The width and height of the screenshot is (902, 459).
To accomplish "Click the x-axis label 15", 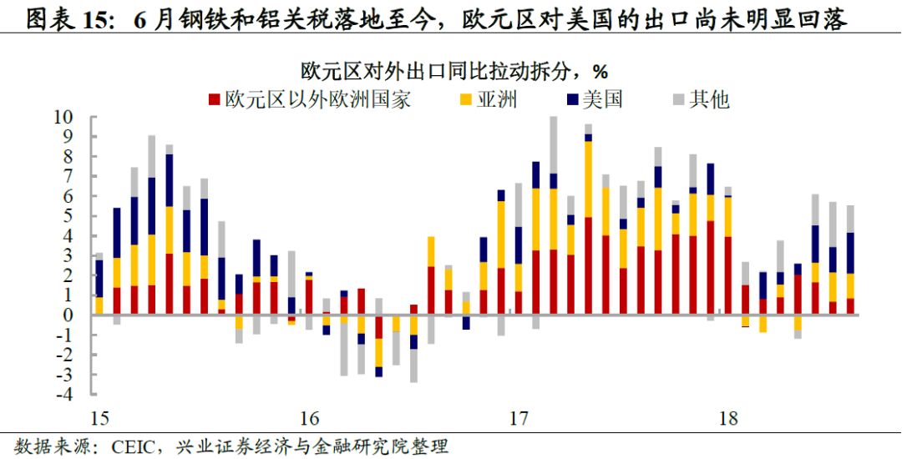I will [x=99, y=418].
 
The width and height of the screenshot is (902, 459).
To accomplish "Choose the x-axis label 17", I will [x=519, y=418].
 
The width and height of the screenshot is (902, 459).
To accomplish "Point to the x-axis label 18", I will [x=727, y=418].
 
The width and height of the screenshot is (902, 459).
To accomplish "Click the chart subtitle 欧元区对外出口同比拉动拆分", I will [x=442, y=69].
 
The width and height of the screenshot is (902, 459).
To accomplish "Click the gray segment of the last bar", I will [x=850, y=219].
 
